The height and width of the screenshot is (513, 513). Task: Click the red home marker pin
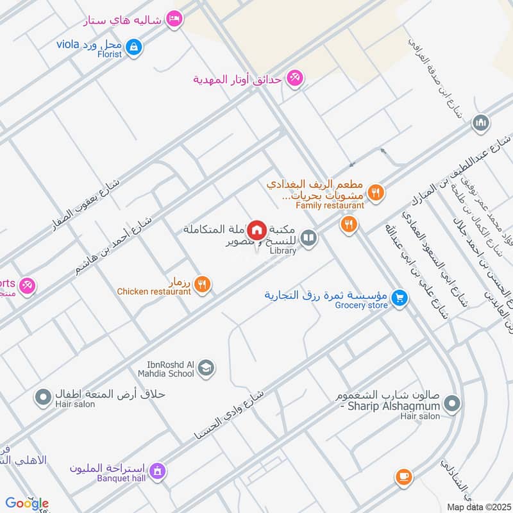tap(257, 230)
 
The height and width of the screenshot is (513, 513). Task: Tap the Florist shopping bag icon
tap(134, 46)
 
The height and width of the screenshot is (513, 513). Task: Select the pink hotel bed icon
tap(172, 20)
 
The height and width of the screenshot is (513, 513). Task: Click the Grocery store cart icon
tap(399, 298)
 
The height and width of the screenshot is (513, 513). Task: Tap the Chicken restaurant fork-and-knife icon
tap(202, 284)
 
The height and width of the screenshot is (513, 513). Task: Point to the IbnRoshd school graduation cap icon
tap(206, 367)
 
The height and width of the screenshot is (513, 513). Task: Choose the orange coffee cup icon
tap(403, 476)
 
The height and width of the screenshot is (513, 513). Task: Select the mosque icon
tap(481, 122)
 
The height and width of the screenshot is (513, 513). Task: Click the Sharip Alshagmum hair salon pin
tap(452, 404)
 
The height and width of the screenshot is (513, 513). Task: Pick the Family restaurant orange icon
tap(376, 192)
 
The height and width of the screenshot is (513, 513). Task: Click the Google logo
tap(26, 503)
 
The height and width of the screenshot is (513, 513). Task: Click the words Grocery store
tap(362, 305)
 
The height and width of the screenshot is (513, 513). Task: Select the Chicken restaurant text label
tap(154, 292)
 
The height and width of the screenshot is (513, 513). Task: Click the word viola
tap(67, 44)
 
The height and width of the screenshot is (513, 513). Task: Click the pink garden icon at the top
tap(295, 78)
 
